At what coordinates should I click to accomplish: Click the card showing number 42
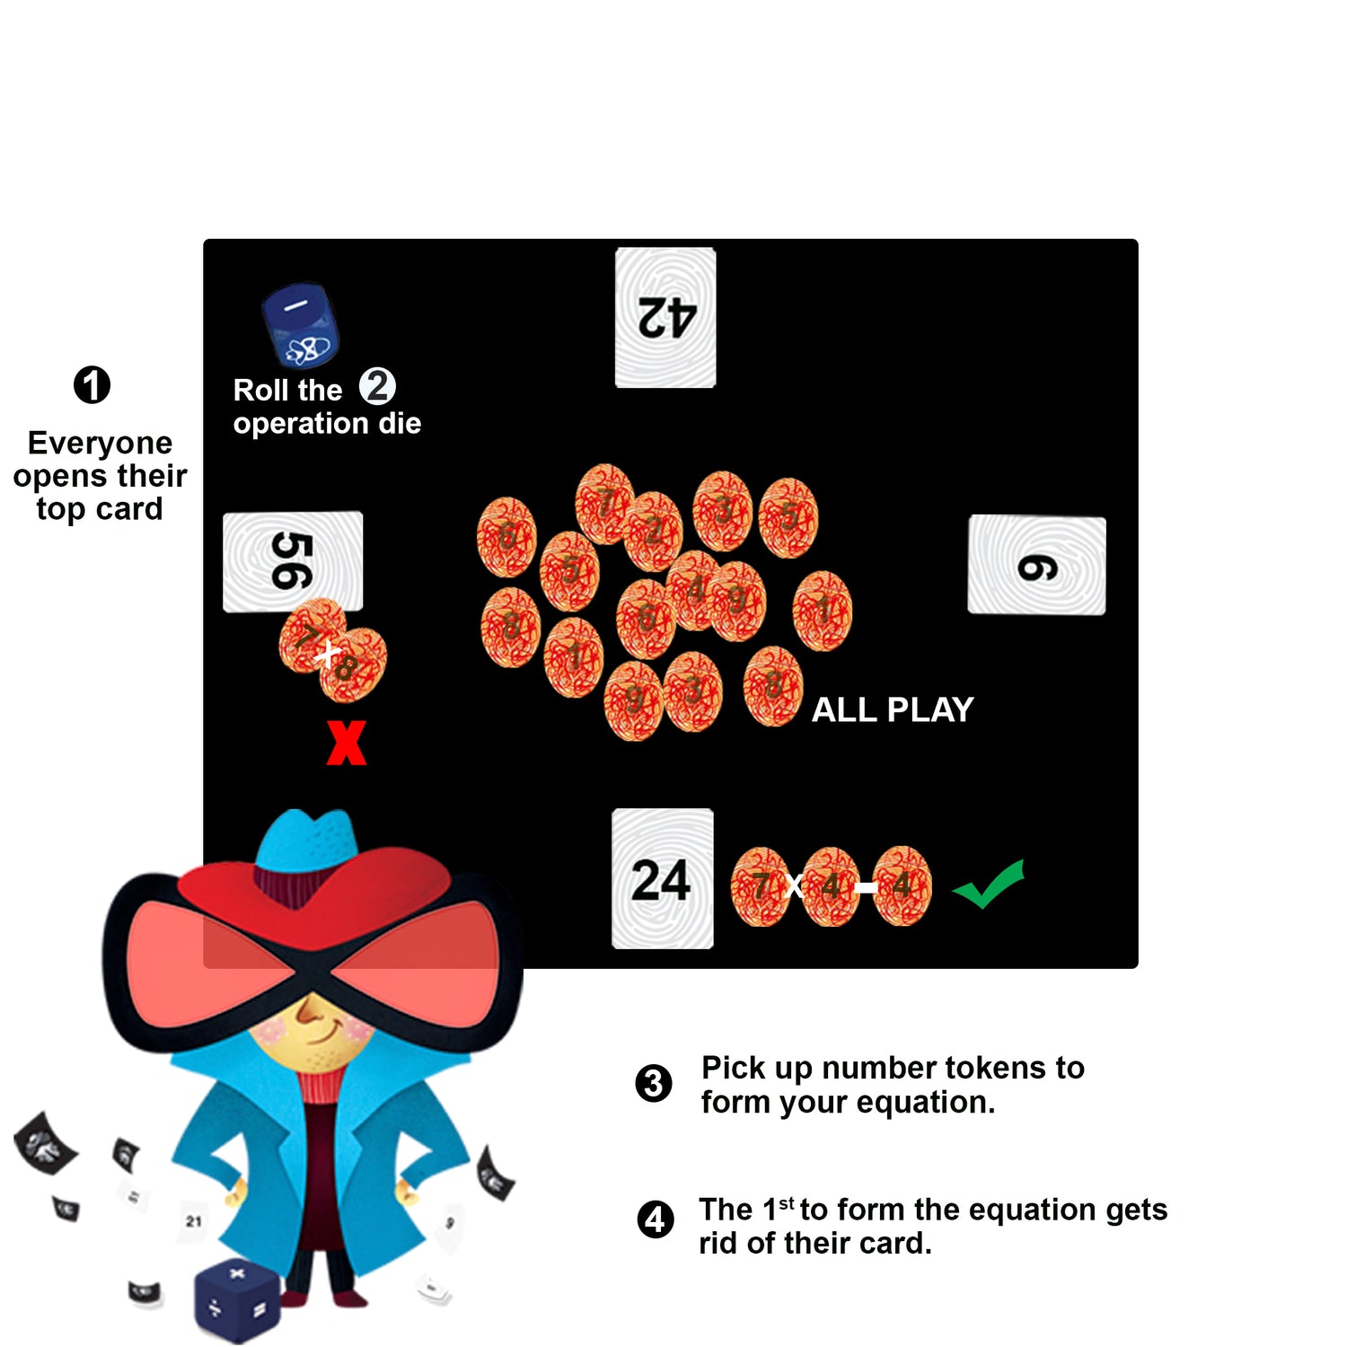click(665, 317)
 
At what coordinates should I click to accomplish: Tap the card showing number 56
click(293, 561)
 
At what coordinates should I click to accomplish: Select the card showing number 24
click(662, 879)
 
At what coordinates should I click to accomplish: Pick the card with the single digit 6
click(1036, 566)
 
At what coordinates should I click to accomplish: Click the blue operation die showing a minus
click(301, 326)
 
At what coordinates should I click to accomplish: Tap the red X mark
click(347, 743)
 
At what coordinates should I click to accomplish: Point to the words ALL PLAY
click(893, 710)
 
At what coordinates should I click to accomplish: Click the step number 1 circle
click(92, 385)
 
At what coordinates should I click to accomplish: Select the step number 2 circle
click(377, 386)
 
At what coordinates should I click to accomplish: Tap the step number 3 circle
click(653, 1083)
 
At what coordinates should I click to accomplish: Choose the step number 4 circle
click(655, 1219)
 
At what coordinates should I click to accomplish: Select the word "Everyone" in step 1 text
click(100, 443)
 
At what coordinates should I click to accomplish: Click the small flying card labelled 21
click(194, 1221)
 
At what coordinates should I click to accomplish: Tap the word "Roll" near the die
click(260, 391)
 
